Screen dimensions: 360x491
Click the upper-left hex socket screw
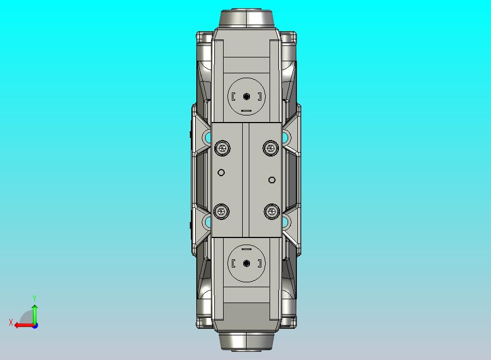(222, 147)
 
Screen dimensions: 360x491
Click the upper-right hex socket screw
(270, 147)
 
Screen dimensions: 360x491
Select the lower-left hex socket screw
(222, 211)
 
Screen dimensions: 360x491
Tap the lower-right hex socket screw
(270, 211)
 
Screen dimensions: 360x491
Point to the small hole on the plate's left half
(221, 173)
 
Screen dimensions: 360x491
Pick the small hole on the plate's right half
(272, 179)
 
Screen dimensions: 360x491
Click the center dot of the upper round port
(246, 96)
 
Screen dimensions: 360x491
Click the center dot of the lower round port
(246, 263)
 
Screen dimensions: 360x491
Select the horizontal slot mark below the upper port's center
(246, 111)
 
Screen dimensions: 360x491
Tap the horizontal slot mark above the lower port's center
(246, 248)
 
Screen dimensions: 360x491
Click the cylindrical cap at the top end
(246, 18)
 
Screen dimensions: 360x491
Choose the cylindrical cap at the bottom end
(246, 341)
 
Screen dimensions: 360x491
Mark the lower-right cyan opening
(285, 222)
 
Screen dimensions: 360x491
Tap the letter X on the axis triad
(11, 322)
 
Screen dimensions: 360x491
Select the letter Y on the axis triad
(34, 298)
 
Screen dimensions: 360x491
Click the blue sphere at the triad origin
(35, 326)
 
